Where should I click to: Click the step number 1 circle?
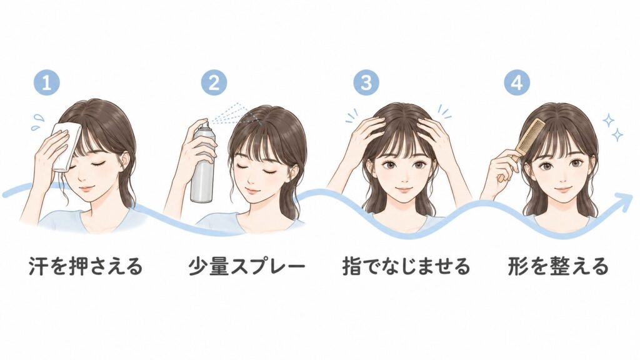tap(47, 83)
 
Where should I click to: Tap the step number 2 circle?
tap(214, 83)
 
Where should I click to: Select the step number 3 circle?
tap(366, 82)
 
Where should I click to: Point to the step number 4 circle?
tap(517, 82)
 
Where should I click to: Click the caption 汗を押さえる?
tap(86, 266)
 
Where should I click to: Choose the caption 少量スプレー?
tap(247, 266)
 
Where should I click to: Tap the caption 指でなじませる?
tap(406, 266)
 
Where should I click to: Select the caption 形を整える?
tap(558, 266)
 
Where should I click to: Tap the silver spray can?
tap(203, 163)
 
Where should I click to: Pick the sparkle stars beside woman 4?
tap(613, 127)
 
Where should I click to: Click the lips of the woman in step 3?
tap(402, 190)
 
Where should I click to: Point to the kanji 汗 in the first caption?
tap(39, 266)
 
